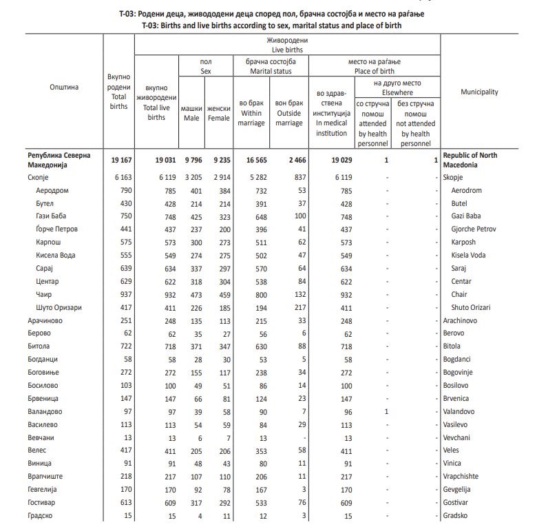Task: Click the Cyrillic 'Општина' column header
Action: [64, 87]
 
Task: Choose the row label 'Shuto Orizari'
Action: [472, 307]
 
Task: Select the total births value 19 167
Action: [119, 160]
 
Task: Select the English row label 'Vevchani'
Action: [458, 437]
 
